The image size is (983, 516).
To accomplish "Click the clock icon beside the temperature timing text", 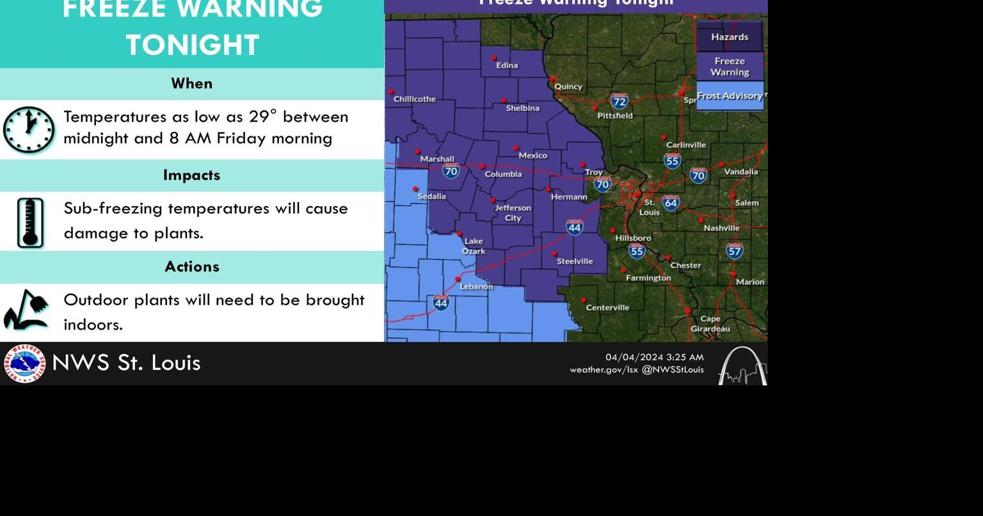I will coord(29,130).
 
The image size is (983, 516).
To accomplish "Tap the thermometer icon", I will coord(30,223).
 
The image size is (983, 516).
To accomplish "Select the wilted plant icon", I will coord(26,310).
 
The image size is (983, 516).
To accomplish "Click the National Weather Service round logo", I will coord(24,364).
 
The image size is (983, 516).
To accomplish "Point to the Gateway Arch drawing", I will coord(742,366).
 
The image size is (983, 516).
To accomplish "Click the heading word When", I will coord(191,84).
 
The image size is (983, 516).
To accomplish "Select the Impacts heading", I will coord(191,175).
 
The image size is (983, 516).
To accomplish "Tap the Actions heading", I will coord(191,267).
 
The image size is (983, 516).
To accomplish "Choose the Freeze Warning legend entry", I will coord(730,67).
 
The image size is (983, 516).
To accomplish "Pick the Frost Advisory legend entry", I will coord(730,96).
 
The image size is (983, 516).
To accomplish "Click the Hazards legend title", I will coord(730,37).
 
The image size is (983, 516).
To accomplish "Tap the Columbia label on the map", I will coord(503,174).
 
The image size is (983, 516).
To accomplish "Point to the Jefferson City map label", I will coord(513,213).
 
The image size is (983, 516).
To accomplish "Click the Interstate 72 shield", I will coord(619,102).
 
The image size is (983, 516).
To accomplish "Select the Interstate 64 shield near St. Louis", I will coord(670,204).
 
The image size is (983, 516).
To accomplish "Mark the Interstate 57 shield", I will coord(734,251).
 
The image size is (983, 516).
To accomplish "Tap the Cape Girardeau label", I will coord(710,324).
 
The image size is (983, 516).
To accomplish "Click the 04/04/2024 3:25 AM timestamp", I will coord(654,357).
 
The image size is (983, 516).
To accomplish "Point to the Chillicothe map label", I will coord(415,99).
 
